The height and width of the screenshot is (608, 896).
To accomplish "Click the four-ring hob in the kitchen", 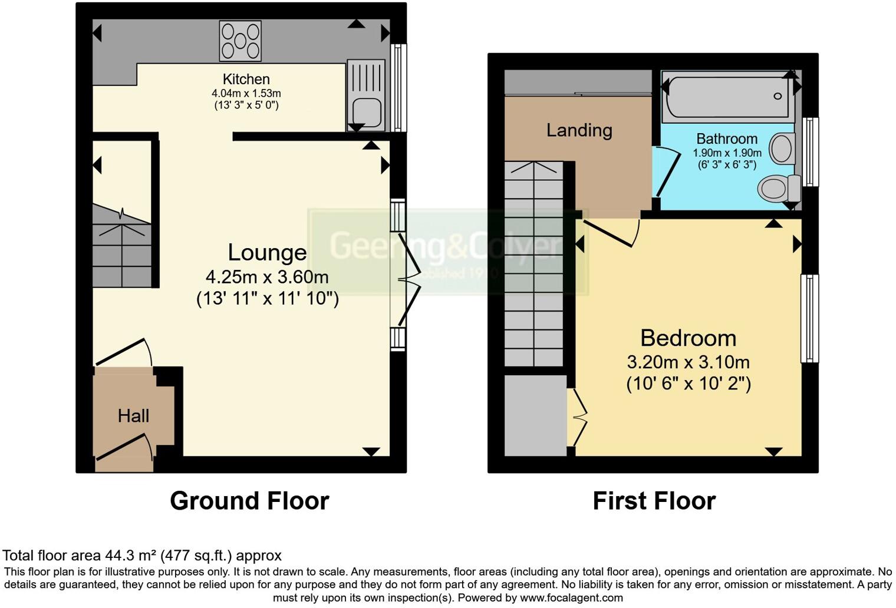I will point(240,41).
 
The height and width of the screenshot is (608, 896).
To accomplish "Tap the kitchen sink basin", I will point(367,112).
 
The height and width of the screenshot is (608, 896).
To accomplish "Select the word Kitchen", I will point(246,79).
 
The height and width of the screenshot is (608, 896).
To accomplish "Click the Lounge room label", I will point(267,252).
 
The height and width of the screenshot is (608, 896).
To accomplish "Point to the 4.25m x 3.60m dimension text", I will point(267,277).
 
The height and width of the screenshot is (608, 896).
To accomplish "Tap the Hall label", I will point(133,416).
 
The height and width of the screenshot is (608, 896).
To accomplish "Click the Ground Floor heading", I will point(249,501).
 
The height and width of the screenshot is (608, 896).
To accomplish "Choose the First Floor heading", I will point(654,501).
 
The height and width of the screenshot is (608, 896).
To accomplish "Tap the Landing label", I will point(579,130).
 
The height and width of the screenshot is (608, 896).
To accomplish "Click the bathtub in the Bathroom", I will point(727,95).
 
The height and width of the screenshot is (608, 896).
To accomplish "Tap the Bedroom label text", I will point(688,338).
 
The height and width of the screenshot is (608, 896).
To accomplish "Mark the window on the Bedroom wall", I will point(809,318).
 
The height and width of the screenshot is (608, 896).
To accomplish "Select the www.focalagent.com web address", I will point(570,598).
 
